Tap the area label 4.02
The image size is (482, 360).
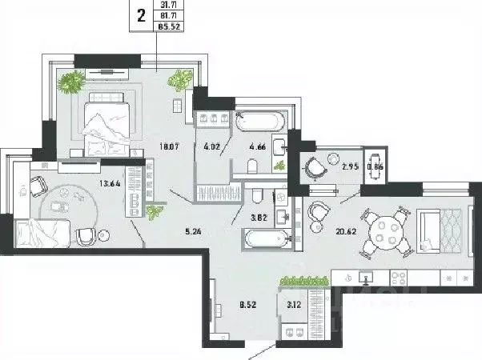tap(212, 146)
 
